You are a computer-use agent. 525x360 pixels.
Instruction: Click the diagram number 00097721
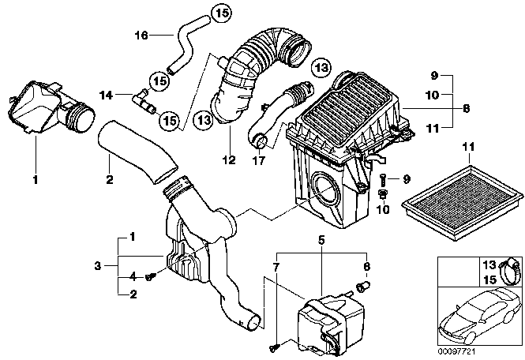click(x=456, y=351)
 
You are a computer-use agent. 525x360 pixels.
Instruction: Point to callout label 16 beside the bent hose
click(x=141, y=35)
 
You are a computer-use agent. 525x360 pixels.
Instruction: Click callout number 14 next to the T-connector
click(x=106, y=96)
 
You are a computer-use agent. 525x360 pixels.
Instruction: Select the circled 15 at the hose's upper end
click(x=221, y=13)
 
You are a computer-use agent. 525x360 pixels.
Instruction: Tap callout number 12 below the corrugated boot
click(x=230, y=159)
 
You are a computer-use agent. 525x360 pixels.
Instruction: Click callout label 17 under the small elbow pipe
click(x=259, y=161)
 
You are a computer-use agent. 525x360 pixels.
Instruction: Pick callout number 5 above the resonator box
click(x=321, y=240)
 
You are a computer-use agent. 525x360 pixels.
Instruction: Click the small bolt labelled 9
click(x=384, y=181)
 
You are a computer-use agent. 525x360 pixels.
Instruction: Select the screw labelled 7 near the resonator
click(x=274, y=348)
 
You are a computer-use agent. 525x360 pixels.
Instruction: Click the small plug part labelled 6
click(x=362, y=287)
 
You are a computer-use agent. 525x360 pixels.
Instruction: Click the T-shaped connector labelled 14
click(x=144, y=100)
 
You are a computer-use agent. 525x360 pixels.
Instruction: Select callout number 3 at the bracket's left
click(x=97, y=266)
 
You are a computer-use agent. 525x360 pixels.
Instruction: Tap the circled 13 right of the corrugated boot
click(x=321, y=68)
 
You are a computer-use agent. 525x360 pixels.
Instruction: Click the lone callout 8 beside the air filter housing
click(x=466, y=108)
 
